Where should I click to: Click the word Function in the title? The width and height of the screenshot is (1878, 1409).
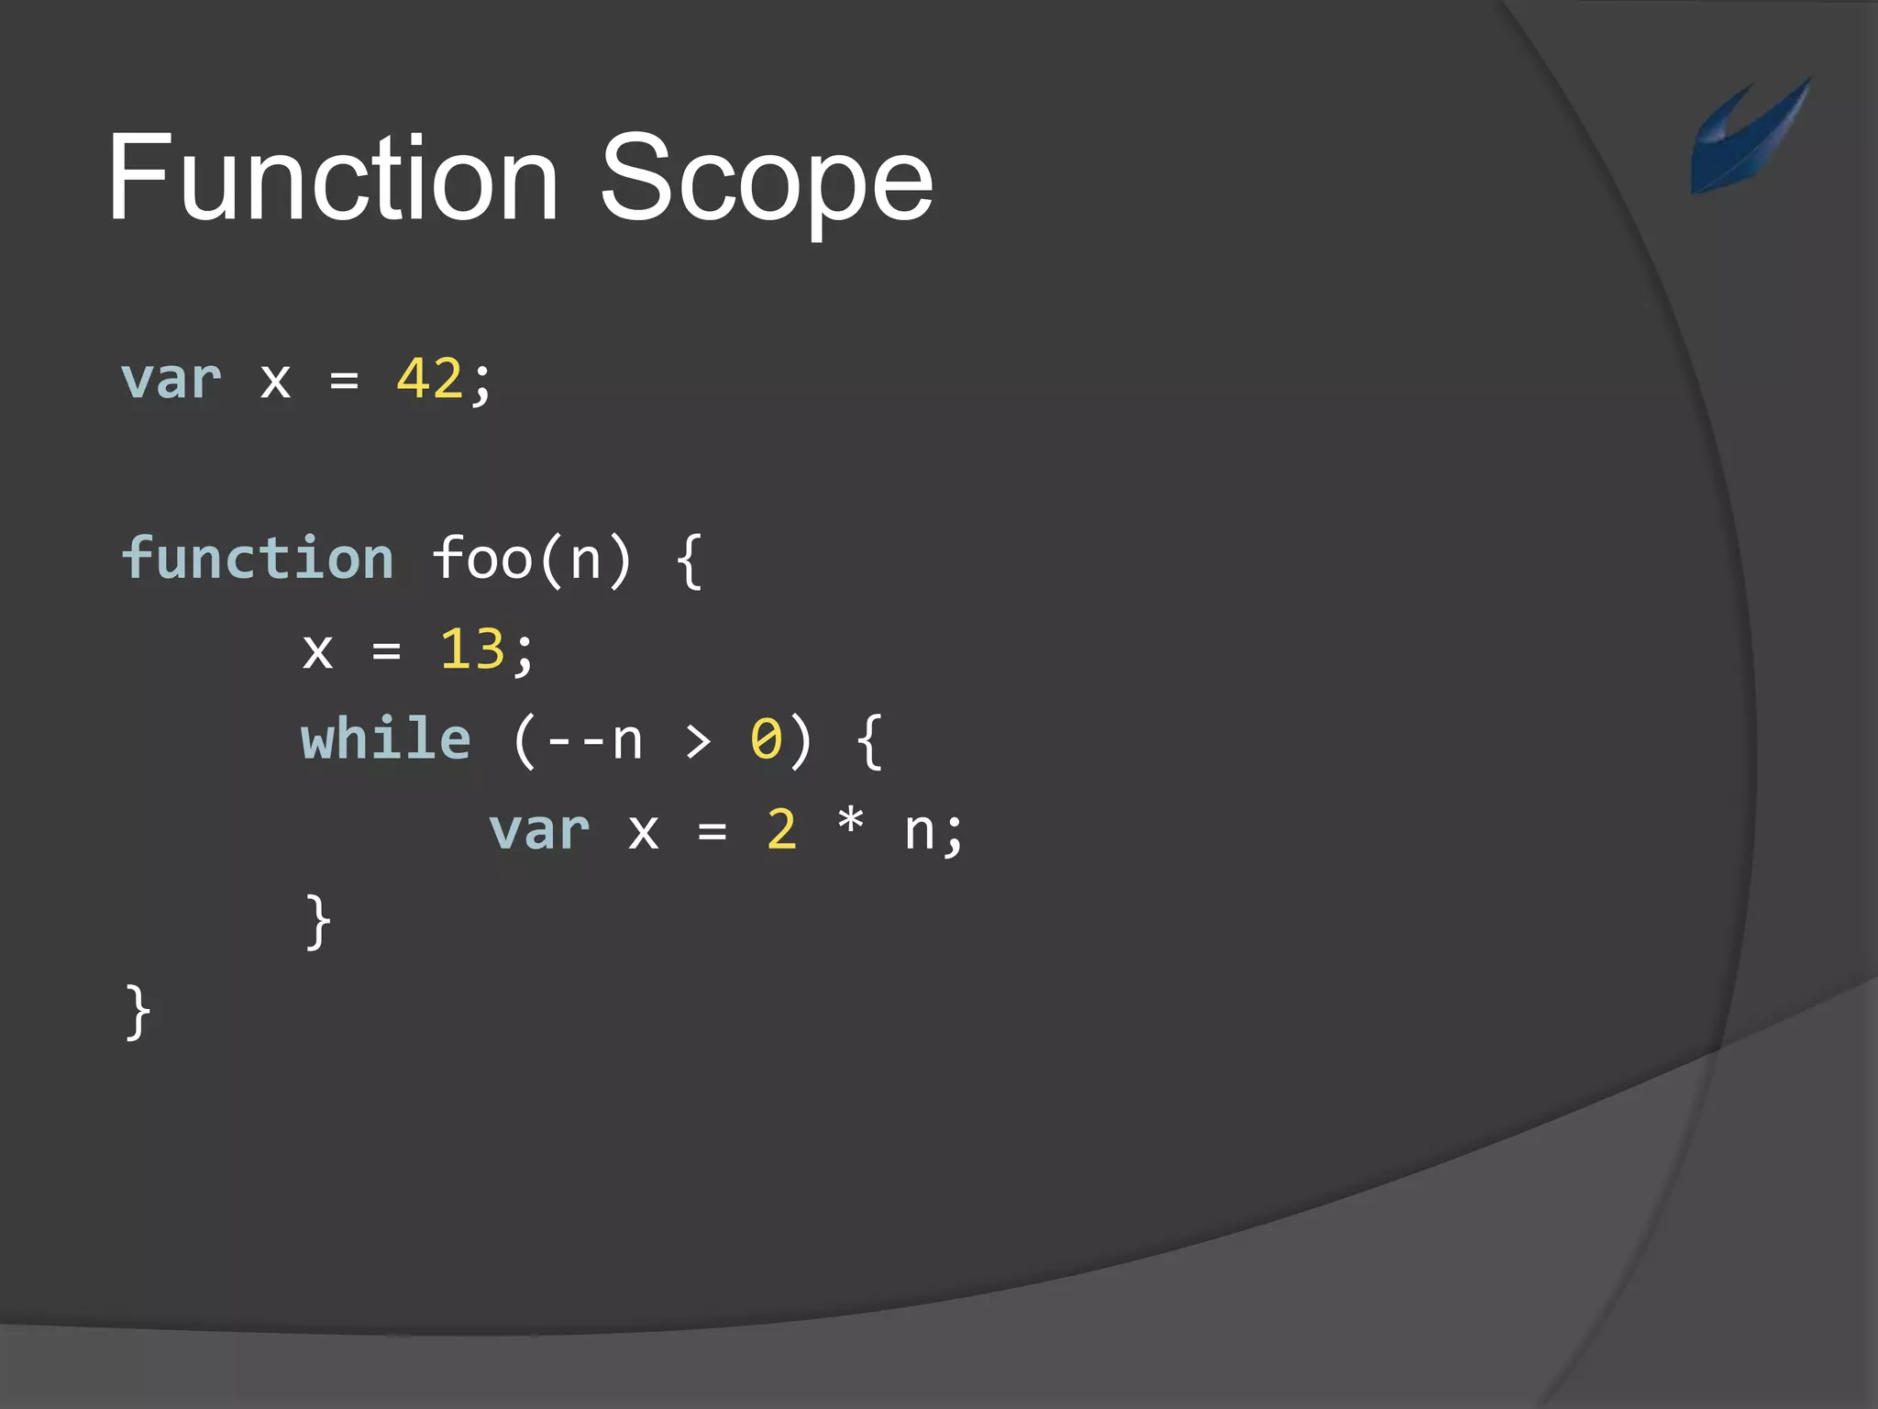pos(333,178)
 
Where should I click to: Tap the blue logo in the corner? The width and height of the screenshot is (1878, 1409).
pos(1748,136)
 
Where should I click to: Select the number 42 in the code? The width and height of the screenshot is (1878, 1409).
pos(429,379)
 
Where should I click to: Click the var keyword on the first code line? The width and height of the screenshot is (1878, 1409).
pos(171,379)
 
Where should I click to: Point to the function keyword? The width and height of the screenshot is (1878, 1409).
pos(258,558)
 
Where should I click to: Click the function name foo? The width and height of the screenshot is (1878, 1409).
pos(482,558)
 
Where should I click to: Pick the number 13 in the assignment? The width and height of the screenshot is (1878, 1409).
pos(472,649)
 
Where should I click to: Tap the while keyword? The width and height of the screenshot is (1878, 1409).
pos(386,739)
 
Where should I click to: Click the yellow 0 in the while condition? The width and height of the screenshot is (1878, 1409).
pos(767,739)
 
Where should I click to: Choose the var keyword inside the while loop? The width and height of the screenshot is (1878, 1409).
pos(539,830)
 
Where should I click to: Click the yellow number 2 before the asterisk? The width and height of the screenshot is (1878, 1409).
pos(781,830)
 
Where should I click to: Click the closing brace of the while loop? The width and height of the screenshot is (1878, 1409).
pos(317,921)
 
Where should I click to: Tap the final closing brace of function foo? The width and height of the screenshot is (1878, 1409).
pos(138,1012)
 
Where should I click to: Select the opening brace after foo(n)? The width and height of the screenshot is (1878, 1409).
pos(690,560)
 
